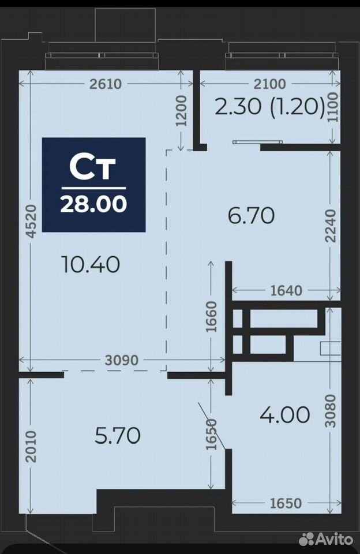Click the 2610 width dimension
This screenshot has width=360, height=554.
pos(105,84)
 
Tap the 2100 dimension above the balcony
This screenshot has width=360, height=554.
pos(270,84)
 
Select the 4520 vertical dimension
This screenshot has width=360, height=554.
pos(31,222)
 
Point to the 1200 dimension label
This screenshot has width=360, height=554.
pos(181,111)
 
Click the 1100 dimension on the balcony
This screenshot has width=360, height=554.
pos(332,107)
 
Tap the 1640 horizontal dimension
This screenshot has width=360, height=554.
pos(286,290)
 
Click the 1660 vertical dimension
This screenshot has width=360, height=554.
pos(211,317)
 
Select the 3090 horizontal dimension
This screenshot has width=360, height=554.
pos(122,360)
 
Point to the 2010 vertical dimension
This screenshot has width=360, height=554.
pos(31,446)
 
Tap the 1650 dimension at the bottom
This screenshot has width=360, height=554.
pos(286,503)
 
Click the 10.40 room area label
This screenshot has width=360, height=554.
pos(91,264)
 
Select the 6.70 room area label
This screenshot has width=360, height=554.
pos(251,215)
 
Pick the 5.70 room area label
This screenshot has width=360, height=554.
pos(118,435)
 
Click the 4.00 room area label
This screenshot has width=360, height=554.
pos(285,414)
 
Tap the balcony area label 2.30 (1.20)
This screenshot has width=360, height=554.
pos(269,106)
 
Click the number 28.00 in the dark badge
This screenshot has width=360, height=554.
pos(93,204)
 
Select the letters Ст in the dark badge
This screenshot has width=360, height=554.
pos(92,167)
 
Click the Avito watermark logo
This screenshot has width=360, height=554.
pos(326,540)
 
